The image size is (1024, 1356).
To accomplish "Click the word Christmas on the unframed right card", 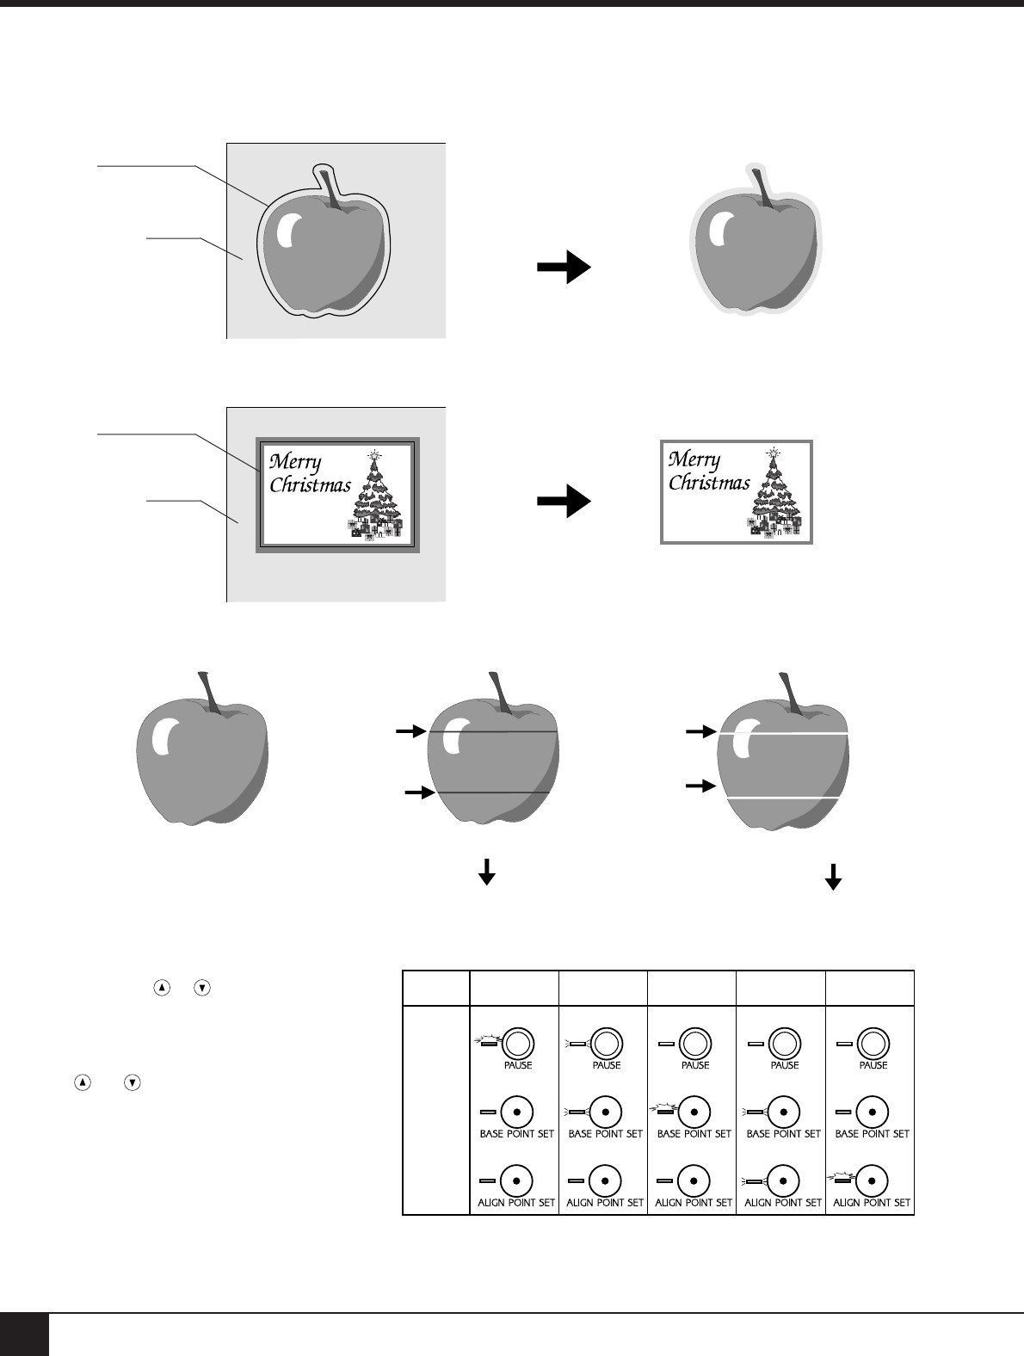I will click(x=709, y=483).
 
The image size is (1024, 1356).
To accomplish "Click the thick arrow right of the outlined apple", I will click(x=564, y=268).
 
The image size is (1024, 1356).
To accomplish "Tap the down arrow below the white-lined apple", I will click(x=833, y=876).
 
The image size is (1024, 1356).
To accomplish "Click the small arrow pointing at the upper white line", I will click(x=700, y=732).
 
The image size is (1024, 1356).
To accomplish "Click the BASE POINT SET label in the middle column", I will click(x=694, y=1134).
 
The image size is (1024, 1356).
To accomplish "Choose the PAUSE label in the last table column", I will click(x=873, y=1065).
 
